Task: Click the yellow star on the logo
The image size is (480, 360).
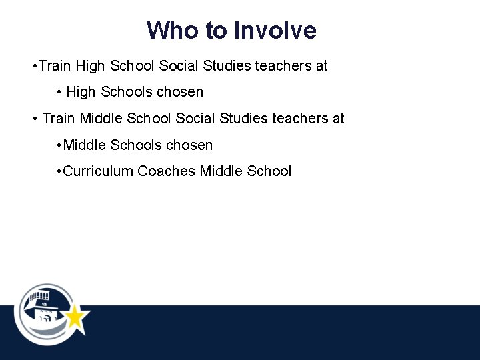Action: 75,317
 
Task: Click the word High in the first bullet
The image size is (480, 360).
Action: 90,66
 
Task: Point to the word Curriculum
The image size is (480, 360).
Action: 98,171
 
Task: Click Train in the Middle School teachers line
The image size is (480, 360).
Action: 58,119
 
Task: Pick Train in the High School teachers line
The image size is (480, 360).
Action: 55,66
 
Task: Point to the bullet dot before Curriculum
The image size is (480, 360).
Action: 59,171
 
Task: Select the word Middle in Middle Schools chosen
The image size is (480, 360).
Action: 85,145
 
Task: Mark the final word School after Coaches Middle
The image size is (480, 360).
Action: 269,171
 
